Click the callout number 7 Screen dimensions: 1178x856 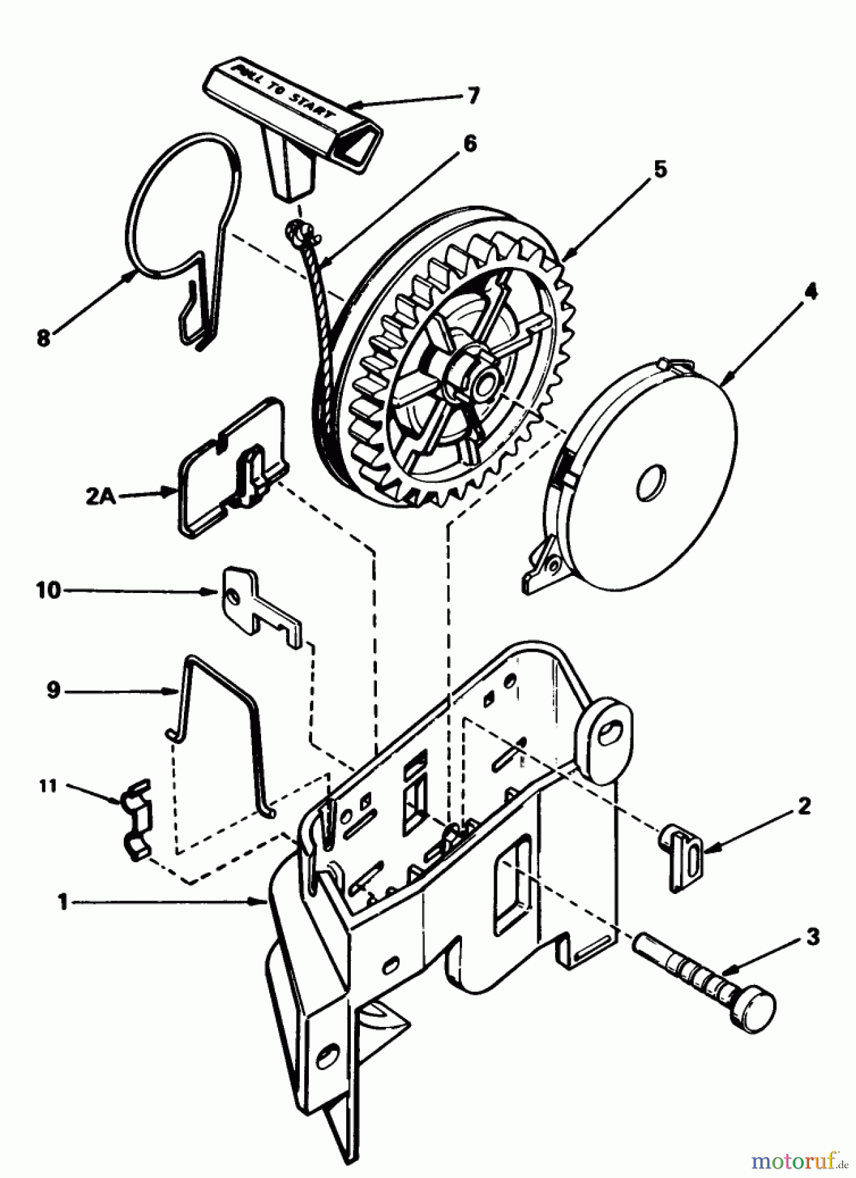pyautogui.click(x=473, y=96)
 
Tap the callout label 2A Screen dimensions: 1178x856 pyautogui.click(x=100, y=497)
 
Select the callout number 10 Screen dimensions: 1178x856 pyautogui.click(x=48, y=590)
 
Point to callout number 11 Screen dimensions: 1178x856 pyautogui.click(x=48, y=785)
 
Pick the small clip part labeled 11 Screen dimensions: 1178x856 pyautogui.click(x=136, y=821)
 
